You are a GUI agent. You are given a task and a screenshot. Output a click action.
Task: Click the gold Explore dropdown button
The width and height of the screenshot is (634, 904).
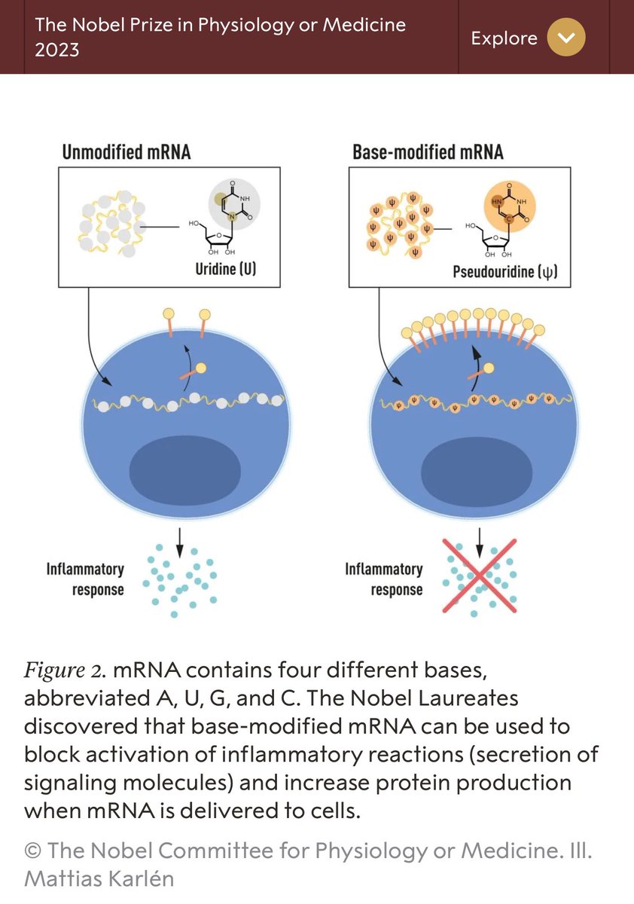point(566,38)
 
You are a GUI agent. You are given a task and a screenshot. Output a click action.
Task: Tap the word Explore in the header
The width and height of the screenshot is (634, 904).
point(504,38)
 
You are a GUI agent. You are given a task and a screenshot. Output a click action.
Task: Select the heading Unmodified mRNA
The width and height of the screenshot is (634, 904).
point(126,152)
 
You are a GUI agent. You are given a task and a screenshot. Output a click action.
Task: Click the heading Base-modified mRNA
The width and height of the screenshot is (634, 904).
point(428,152)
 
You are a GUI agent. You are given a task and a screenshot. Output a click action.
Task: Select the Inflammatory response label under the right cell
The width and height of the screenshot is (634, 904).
point(383,579)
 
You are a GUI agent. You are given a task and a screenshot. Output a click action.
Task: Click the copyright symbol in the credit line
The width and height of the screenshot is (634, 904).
point(32,851)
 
